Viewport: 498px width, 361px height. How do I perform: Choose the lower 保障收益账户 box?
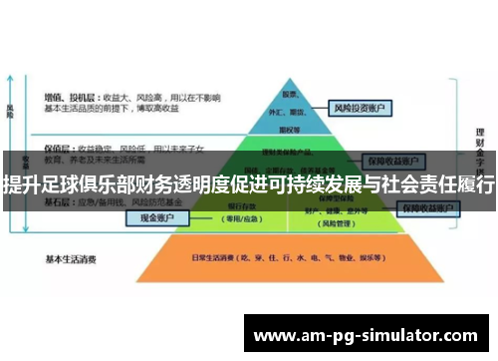coord(429,207)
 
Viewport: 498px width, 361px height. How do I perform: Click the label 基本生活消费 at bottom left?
coord(70,259)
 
